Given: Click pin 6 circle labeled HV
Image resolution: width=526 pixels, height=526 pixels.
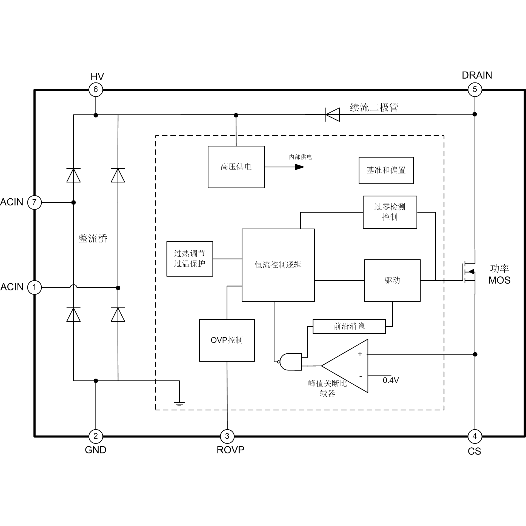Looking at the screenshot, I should tap(96, 89).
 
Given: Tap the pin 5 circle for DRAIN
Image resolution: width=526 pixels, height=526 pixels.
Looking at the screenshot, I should tap(474, 89).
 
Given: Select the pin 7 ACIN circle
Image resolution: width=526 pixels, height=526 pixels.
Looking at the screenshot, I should tap(34, 202).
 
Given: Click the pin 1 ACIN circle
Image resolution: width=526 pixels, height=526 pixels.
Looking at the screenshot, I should tap(34, 287).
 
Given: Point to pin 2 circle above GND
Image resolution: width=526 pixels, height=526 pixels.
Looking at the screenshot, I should tap(96, 436).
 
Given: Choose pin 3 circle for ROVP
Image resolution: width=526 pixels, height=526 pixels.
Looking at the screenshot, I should tap(227, 436).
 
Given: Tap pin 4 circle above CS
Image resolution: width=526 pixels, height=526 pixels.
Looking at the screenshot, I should tap(474, 436).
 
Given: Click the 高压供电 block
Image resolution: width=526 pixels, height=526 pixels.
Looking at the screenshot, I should tap(236, 167).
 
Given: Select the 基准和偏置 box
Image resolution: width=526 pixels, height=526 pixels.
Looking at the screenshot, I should tap(386, 170).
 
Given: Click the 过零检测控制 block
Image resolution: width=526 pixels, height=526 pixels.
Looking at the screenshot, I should tap(390, 212).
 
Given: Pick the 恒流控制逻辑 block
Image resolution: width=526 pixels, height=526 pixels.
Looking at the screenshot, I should tap(278, 265).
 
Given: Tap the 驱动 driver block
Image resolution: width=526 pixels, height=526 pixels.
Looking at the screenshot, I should tap(392, 280).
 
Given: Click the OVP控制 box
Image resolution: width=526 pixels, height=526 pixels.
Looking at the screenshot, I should tap(227, 340).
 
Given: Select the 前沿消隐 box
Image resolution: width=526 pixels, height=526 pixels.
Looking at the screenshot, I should tap(349, 326).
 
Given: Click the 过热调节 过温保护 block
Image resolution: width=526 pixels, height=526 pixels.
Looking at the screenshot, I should tap(190, 259).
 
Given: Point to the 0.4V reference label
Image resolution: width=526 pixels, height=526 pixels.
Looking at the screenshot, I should tap(391, 380).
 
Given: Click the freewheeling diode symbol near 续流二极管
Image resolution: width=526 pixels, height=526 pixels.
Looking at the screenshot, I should tap(332, 115).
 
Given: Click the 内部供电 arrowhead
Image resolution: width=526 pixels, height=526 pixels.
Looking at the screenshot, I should tap(299, 167).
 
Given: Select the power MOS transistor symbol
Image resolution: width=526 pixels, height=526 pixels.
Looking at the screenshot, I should tap(469, 272).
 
